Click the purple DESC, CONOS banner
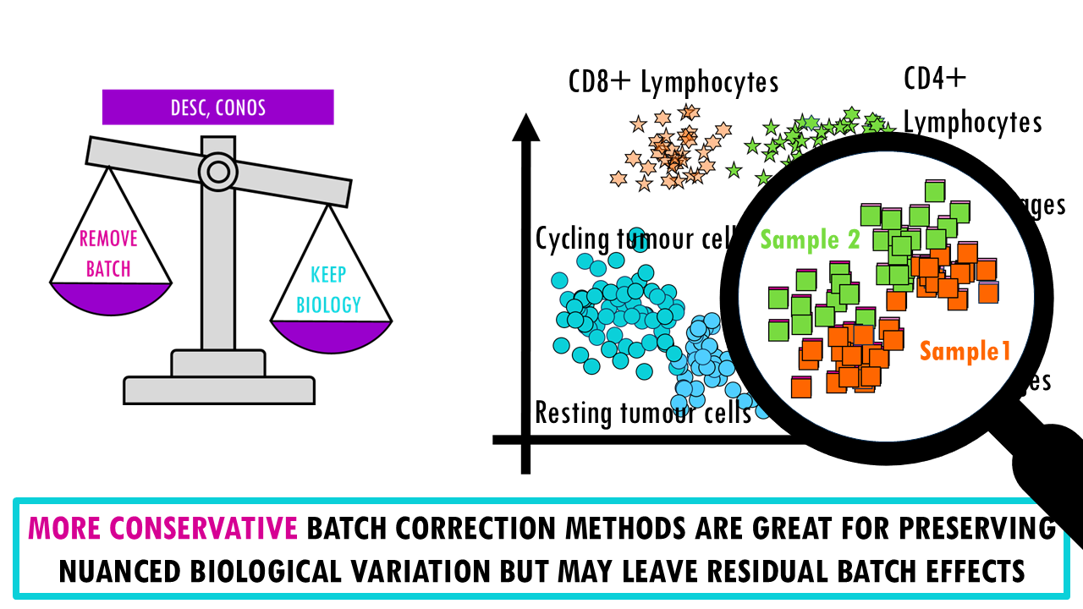(x=217, y=107)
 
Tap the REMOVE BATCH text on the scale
(x=107, y=254)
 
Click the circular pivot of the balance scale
(x=217, y=172)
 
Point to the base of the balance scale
(x=218, y=389)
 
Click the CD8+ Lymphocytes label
(x=673, y=82)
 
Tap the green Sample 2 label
(x=810, y=239)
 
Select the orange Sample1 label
(x=965, y=350)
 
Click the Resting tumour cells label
(x=643, y=414)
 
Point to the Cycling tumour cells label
(x=630, y=239)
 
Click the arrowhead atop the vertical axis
(x=525, y=127)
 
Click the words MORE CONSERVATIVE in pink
(x=162, y=529)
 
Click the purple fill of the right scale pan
(x=331, y=335)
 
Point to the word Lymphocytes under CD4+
(x=972, y=123)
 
